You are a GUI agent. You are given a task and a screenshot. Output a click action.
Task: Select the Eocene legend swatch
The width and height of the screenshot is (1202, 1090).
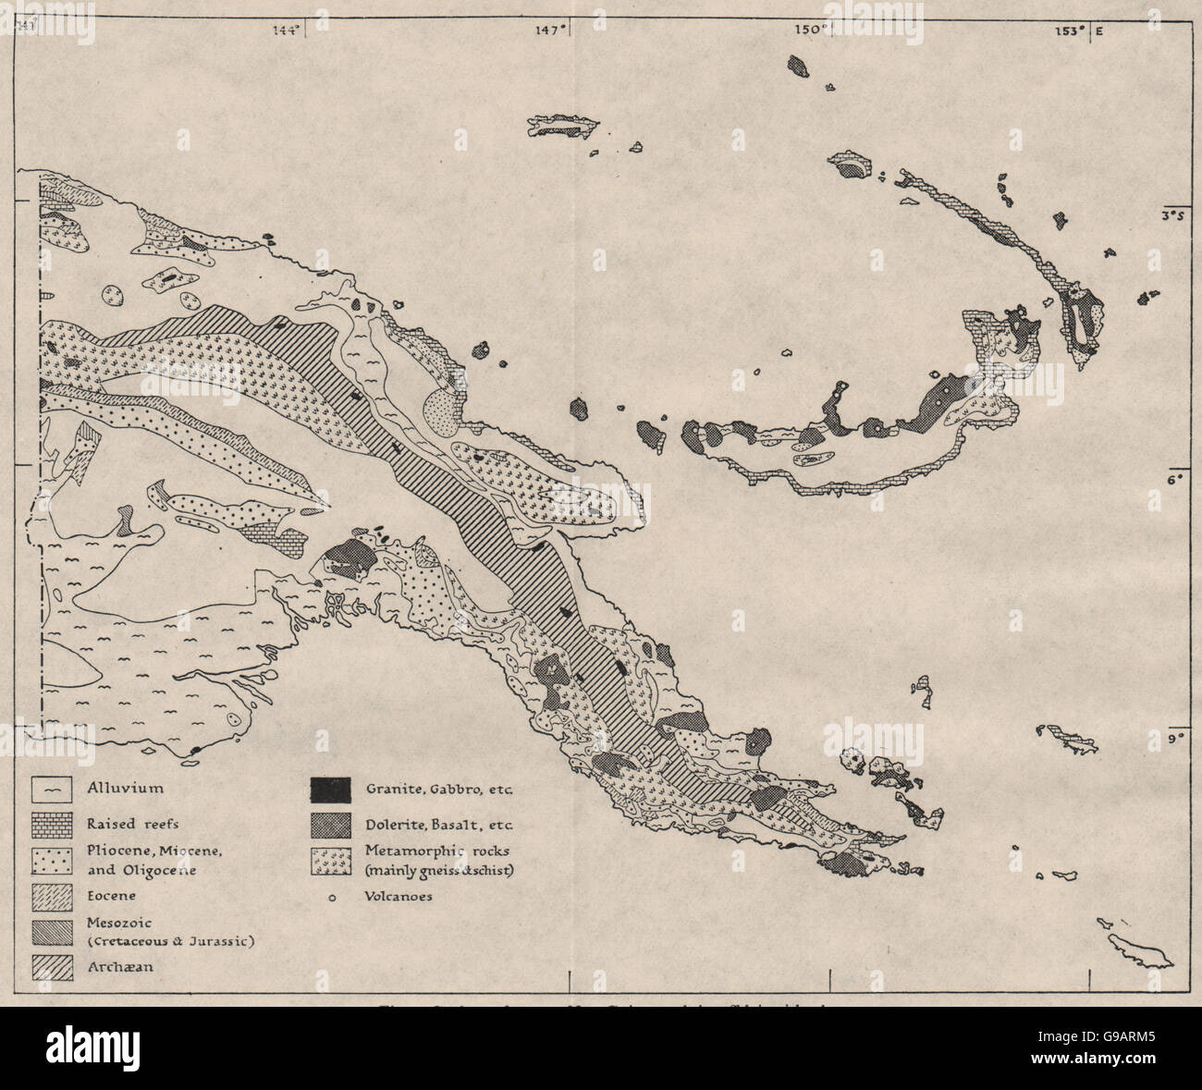52,896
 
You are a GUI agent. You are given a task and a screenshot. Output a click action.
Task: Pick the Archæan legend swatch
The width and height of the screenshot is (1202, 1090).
52,969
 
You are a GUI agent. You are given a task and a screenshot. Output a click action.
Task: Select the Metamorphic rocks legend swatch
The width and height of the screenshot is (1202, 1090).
331,861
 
